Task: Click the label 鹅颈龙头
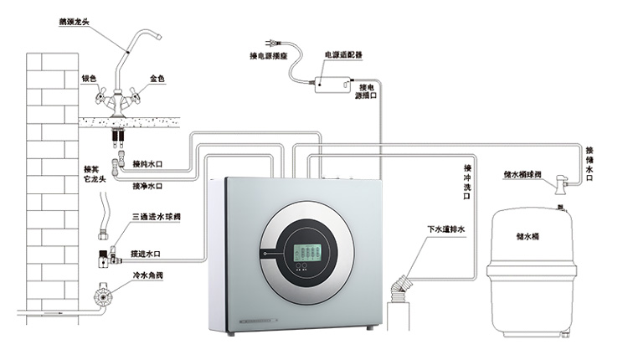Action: pyautogui.click(x=74, y=22)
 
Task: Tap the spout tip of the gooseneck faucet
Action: pyautogui.click(x=158, y=37)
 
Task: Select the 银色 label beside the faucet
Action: pyautogui.click(x=90, y=79)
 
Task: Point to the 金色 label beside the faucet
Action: pyautogui.click(x=157, y=79)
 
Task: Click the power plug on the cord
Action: pyautogui.click(x=272, y=42)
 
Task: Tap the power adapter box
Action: pyautogui.click(x=333, y=84)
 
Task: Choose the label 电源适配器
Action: pyautogui.click(x=343, y=55)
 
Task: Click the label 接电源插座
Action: pyautogui.click(x=269, y=56)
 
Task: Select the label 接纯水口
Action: pyautogui.click(x=147, y=164)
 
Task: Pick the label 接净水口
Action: pyautogui.click(x=147, y=186)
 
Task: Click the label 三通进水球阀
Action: pyautogui.click(x=157, y=217)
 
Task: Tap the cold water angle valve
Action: pyautogui.click(x=102, y=296)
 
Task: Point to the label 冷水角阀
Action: pyautogui.click(x=147, y=275)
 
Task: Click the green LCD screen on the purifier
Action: pyautogui.click(x=307, y=253)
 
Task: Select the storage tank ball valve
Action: pyautogui.click(x=562, y=184)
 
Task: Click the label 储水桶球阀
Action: pyautogui.click(x=522, y=175)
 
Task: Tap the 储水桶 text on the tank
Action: pyautogui.click(x=528, y=237)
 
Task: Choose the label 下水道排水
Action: pyautogui.click(x=445, y=229)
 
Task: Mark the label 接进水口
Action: pyautogui.click(x=146, y=254)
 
